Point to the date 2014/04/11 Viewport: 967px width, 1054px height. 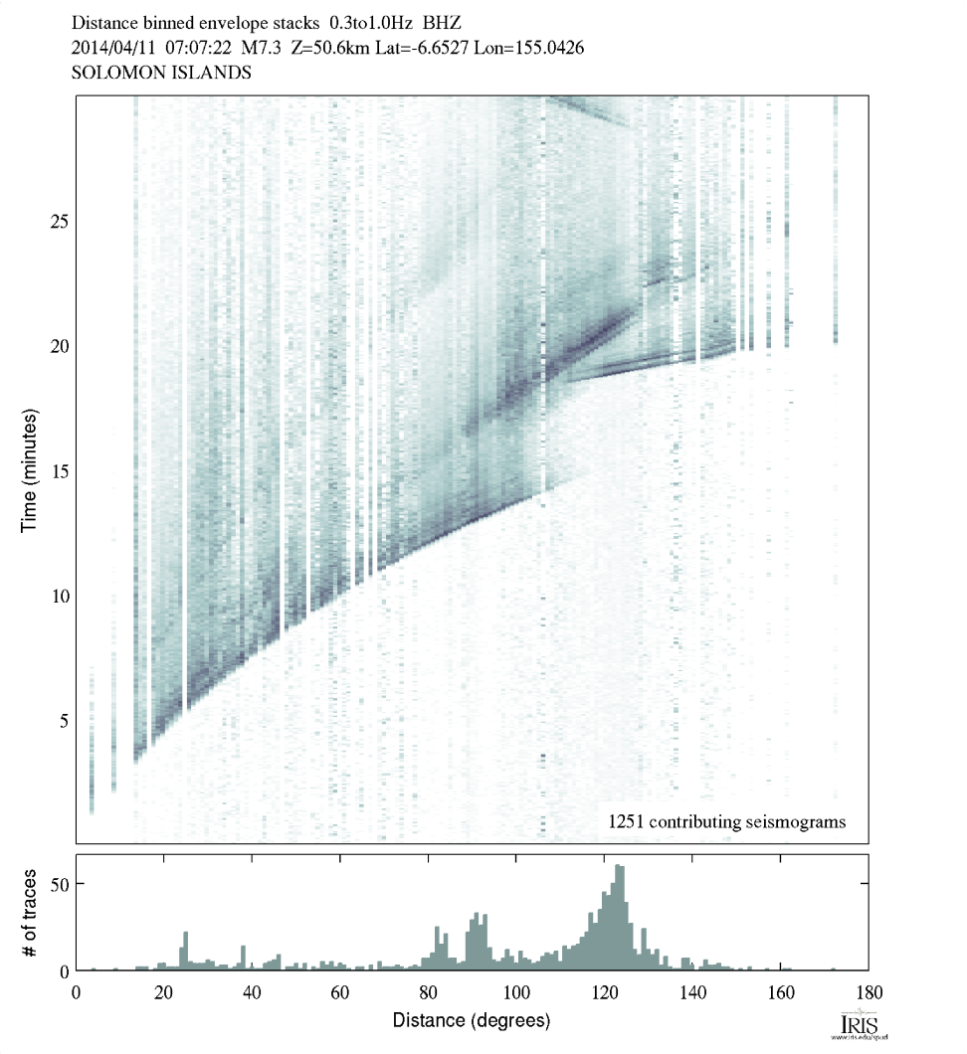click(x=110, y=47)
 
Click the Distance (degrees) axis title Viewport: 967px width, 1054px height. click(x=471, y=1020)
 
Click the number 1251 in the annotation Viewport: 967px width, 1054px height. click(x=629, y=822)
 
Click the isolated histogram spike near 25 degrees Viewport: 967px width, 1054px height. click(x=185, y=950)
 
